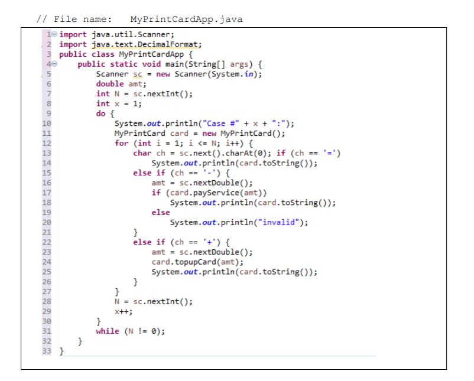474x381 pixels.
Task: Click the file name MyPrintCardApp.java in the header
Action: click(186, 19)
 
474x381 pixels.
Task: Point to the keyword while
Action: click(107, 331)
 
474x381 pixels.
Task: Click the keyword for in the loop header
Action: click(121, 143)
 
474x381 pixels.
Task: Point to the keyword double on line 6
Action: click(110, 83)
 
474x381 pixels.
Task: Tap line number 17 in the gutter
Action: click(47, 193)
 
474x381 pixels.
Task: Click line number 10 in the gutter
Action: click(47, 123)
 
